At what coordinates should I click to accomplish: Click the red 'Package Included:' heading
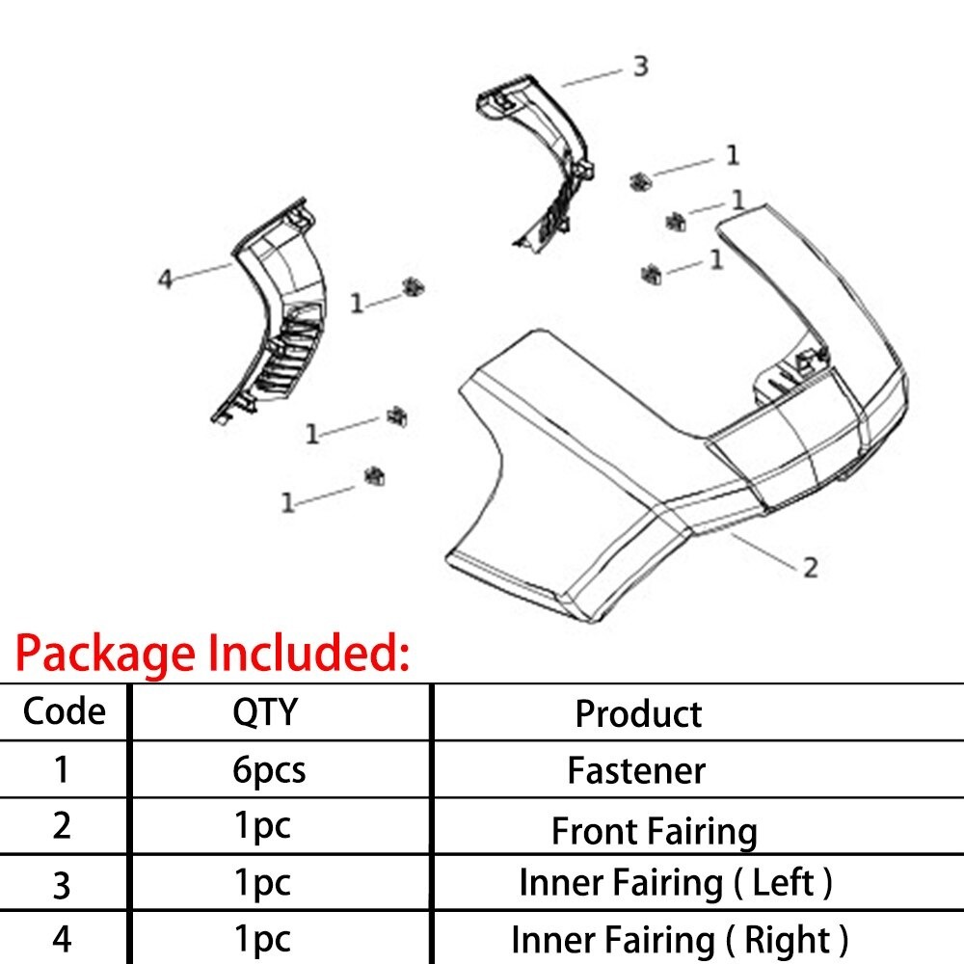point(212,655)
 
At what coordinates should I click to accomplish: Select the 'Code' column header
point(64,712)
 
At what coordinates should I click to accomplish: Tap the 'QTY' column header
point(265,712)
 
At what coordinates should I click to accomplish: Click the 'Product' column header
point(638,713)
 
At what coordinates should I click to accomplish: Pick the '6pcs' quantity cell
point(269,770)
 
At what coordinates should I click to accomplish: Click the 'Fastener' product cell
point(636,770)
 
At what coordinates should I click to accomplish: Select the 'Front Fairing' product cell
point(655,831)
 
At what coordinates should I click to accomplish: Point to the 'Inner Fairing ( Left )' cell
point(676,883)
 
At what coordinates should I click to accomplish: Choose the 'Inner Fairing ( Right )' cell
point(680,940)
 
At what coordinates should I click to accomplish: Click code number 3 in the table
point(62,886)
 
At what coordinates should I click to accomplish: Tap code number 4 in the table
point(62,939)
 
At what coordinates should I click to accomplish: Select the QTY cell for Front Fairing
point(262,827)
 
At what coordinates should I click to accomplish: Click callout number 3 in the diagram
point(641,66)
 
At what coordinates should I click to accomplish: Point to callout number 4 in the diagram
point(165,279)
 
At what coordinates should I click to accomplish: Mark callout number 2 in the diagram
point(811,568)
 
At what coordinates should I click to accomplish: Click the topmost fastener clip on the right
point(641,181)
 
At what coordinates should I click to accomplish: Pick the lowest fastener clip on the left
point(374,476)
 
